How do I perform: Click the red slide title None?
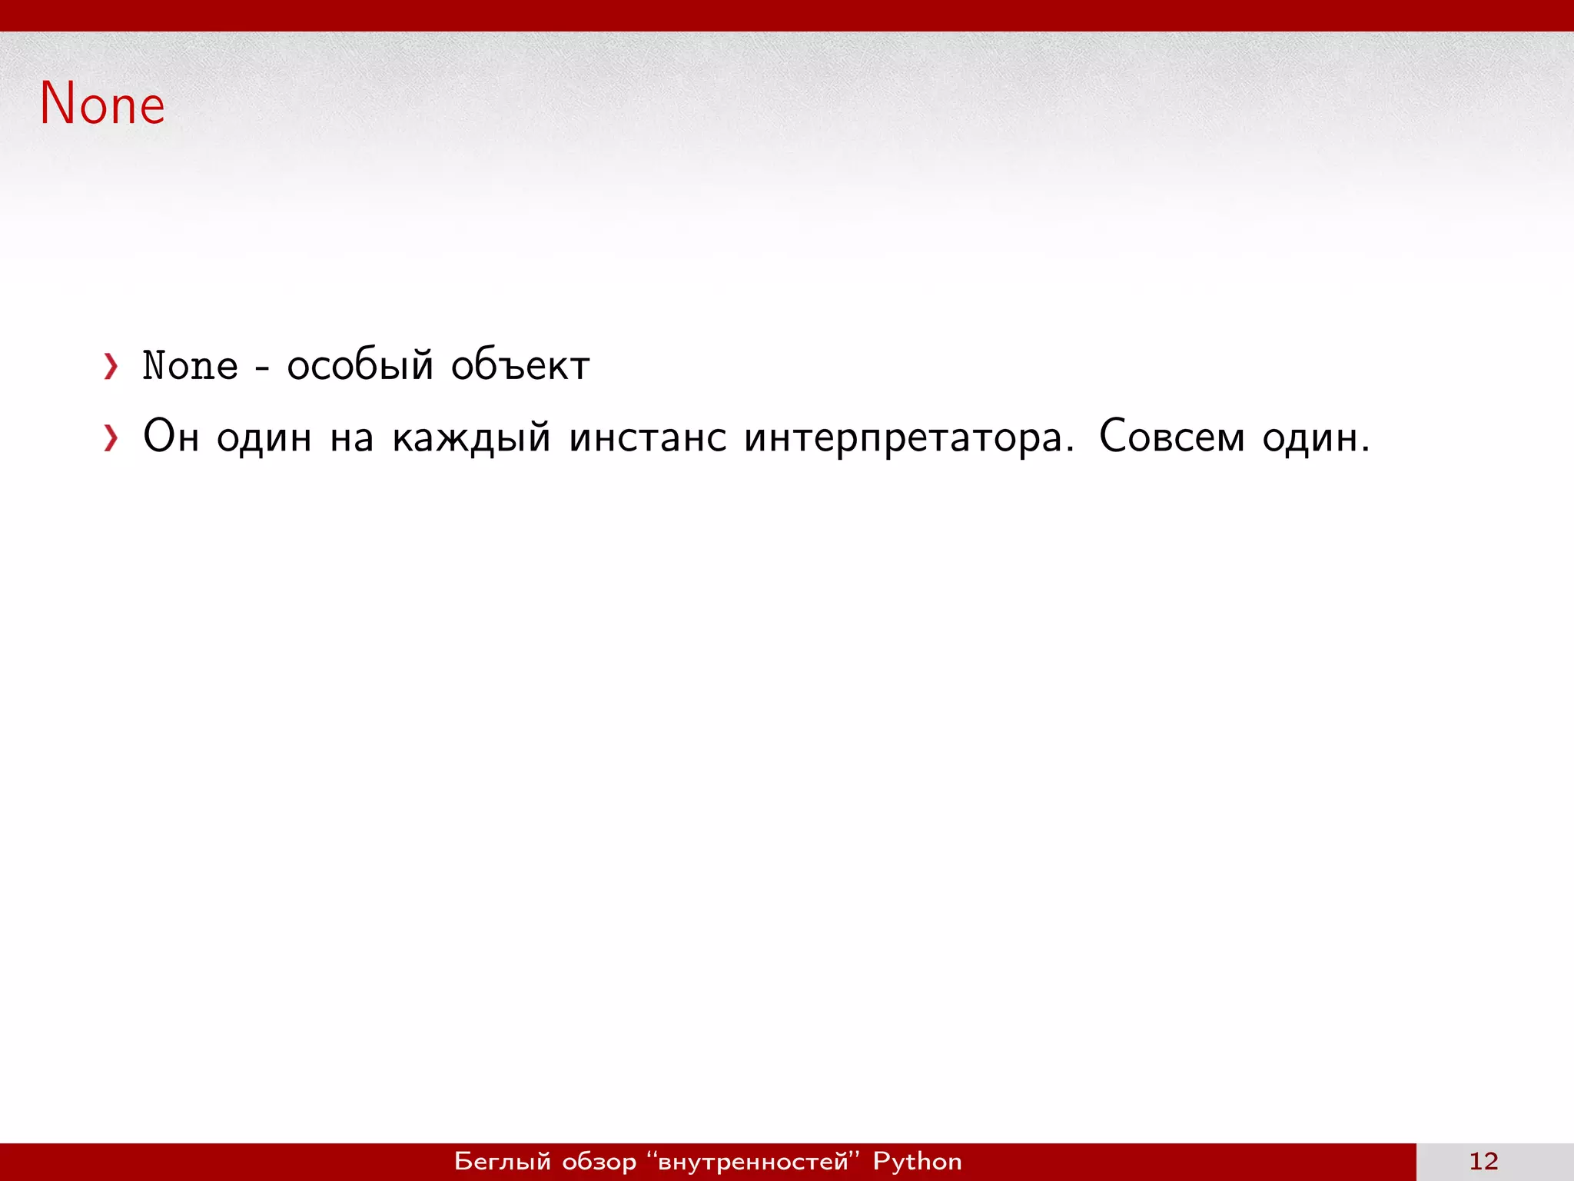pyautogui.click(x=102, y=104)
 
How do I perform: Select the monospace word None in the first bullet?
pyautogui.click(x=191, y=365)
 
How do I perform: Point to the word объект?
pyautogui.click(x=520, y=365)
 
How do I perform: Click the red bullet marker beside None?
pyautogui.click(x=111, y=367)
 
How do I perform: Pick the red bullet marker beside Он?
pyautogui.click(x=111, y=438)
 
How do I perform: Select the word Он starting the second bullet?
pyautogui.click(x=171, y=437)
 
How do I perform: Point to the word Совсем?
pyautogui.click(x=1171, y=437)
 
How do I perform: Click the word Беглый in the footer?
pyautogui.click(x=503, y=1161)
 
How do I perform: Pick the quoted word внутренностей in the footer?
pyautogui.click(x=753, y=1161)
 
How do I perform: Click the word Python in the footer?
pyautogui.click(x=917, y=1161)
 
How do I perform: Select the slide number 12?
pyautogui.click(x=1483, y=1161)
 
